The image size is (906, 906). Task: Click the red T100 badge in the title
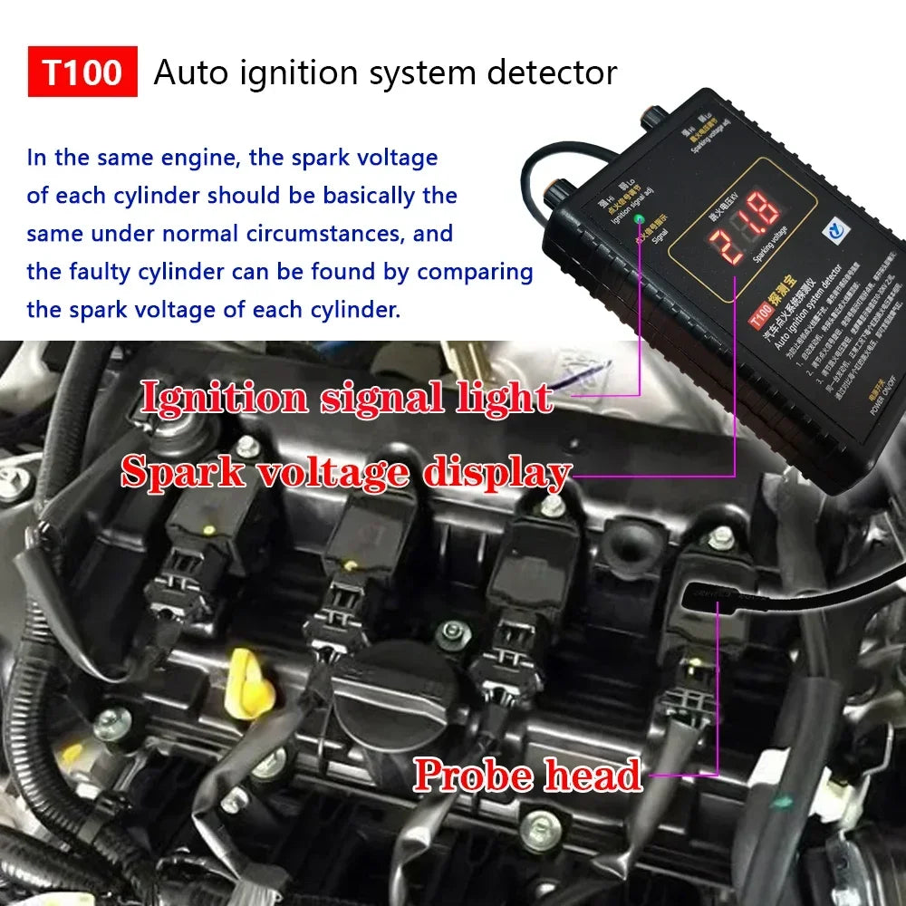coord(82,72)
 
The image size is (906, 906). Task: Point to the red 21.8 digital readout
coord(745,228)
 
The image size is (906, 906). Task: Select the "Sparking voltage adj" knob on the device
coord(651,116)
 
